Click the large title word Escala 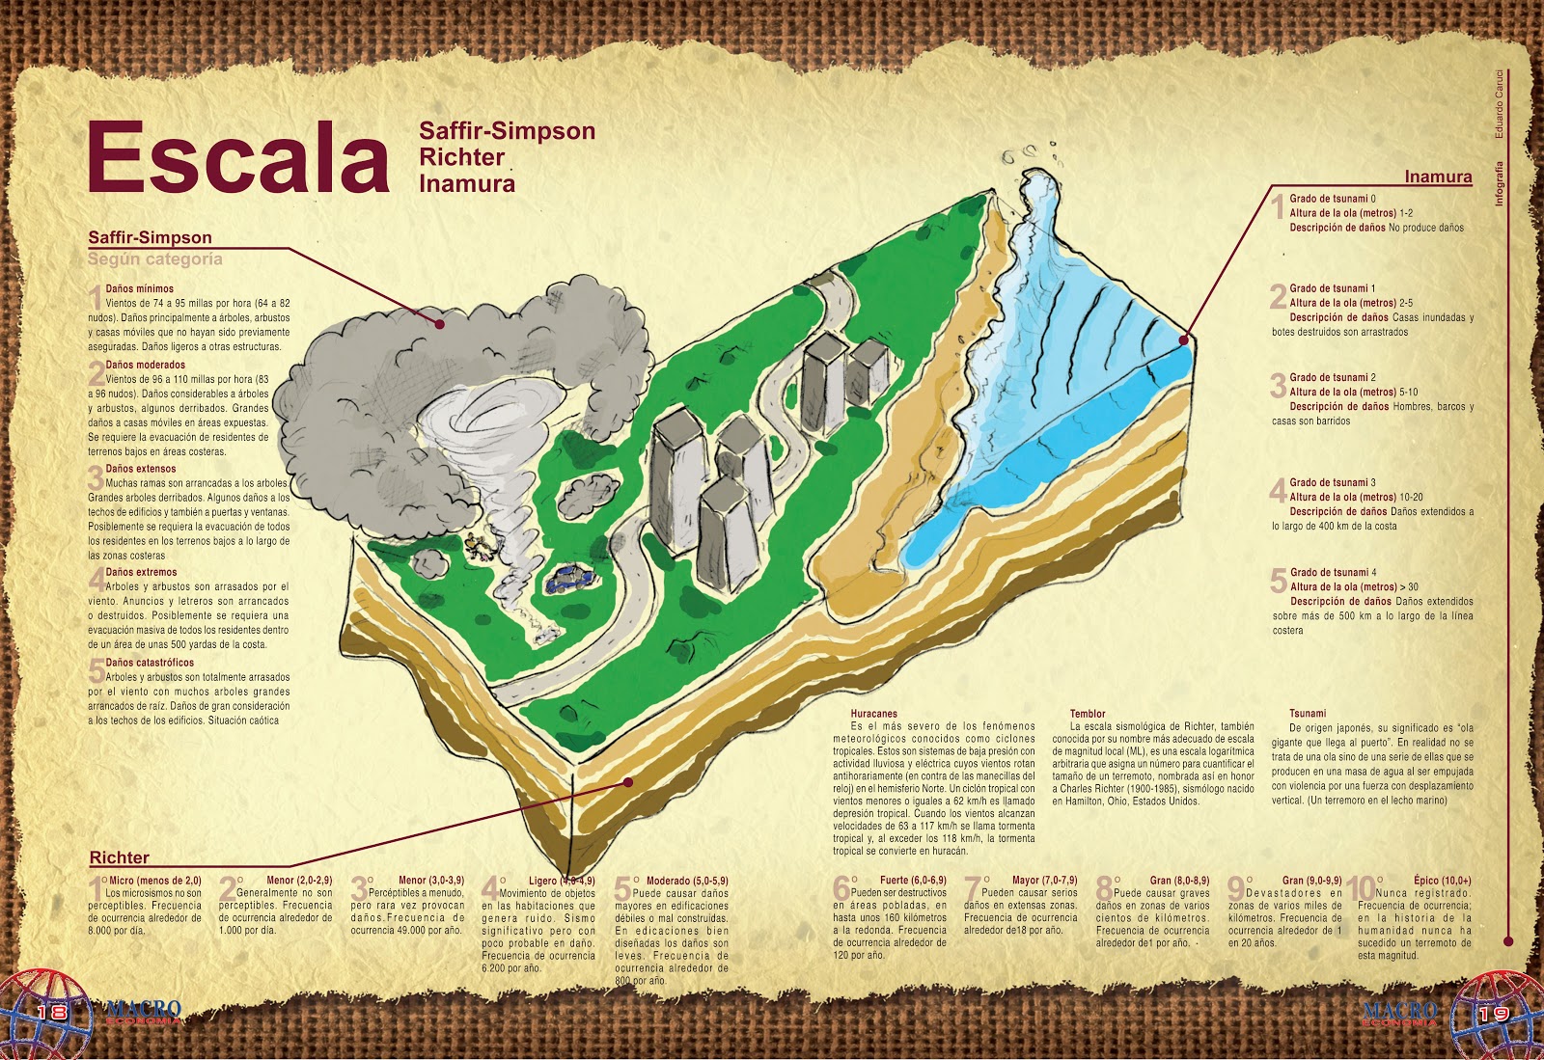237,158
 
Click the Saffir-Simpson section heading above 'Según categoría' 150,237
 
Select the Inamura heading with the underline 1438,177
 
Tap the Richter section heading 120,857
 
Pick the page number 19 1492,1014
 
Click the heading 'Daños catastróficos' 150,663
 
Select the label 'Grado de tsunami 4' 1333,572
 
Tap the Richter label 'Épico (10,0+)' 1442,881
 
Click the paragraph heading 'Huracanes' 873,714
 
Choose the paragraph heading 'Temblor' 1088,714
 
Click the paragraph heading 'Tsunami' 1308,714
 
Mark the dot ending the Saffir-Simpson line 440,324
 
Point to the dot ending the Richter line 628,782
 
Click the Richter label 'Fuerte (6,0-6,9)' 912,881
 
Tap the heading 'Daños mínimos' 140,288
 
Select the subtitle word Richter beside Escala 462,157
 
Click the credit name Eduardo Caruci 1500,103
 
